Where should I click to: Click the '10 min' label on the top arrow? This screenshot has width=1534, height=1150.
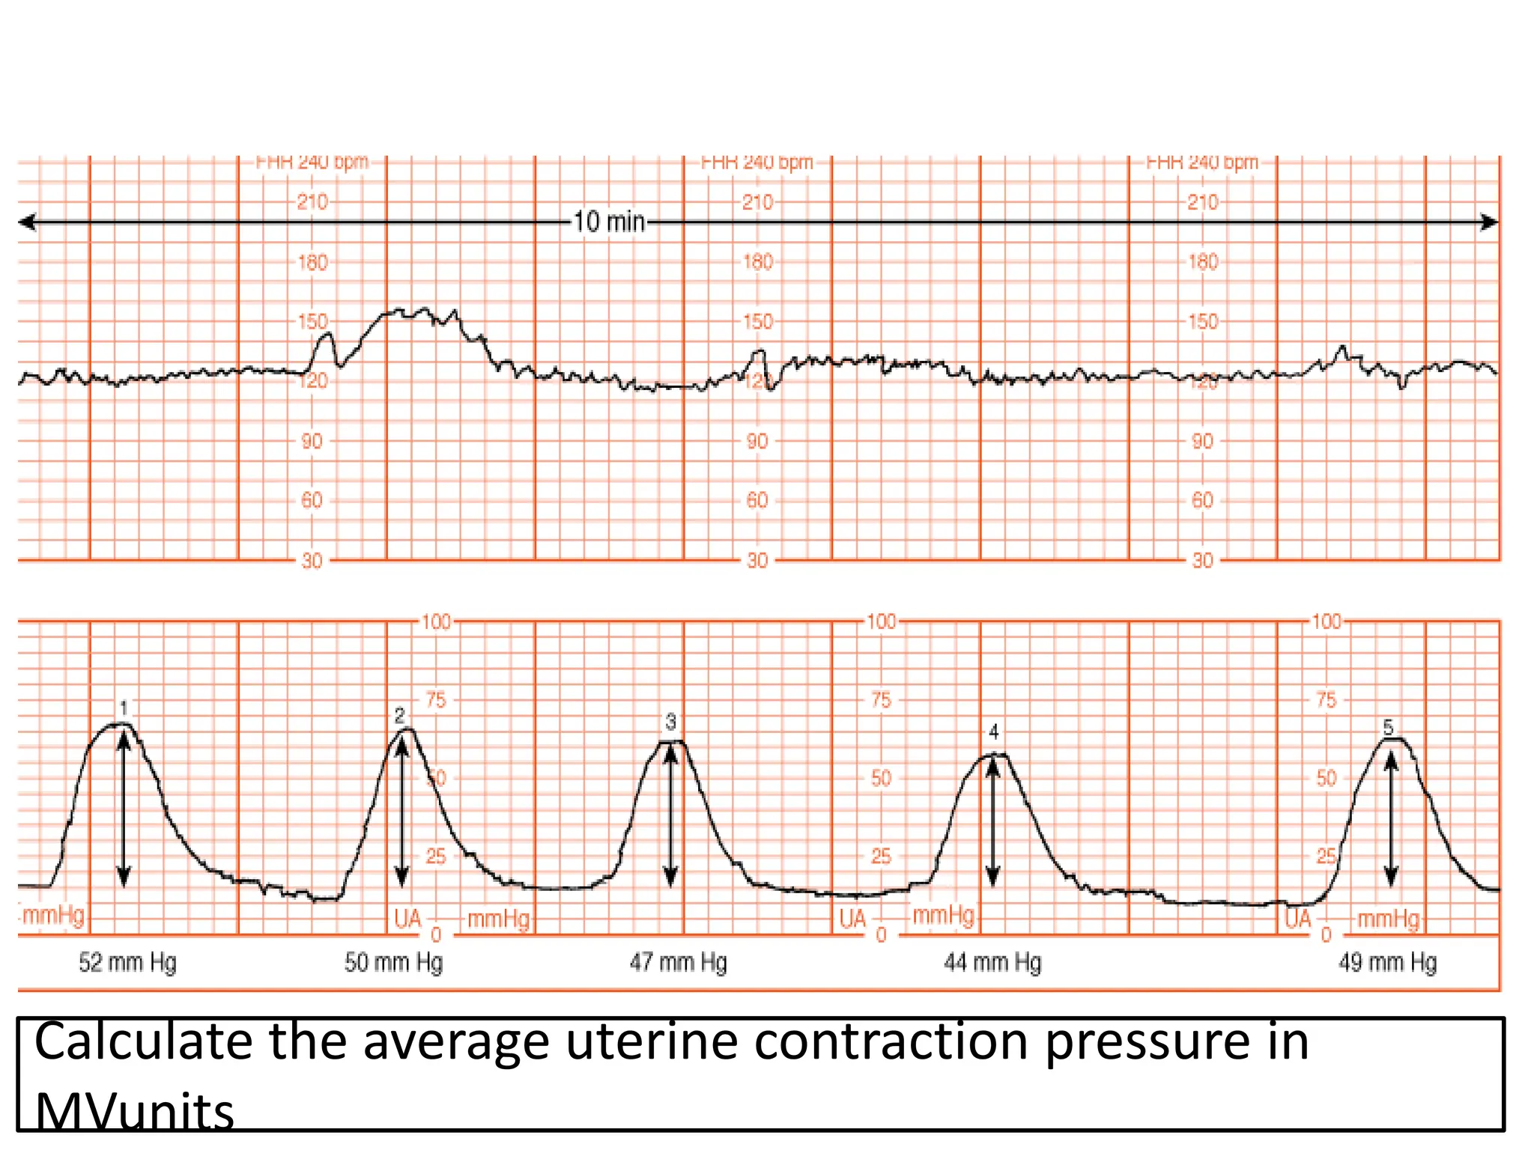(x=609, y=222)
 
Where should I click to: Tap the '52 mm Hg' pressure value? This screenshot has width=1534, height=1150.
(x=127, y=962)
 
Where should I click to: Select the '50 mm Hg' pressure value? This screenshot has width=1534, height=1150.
(x=393, y=962)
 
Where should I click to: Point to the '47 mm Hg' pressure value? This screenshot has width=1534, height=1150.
(x=678, y=962)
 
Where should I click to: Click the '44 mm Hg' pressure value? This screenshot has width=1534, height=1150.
(x=992, y=962)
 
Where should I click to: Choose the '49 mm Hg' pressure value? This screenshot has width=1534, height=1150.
(x=1387, y=962)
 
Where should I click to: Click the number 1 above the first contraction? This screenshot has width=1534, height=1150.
(x=124, y=708)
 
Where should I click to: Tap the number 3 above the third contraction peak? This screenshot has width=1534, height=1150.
(x=670, y=722)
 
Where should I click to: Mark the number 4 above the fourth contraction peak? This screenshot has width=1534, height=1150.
(x=993, y=731)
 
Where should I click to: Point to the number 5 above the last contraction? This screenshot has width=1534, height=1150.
(x=1388, y=727)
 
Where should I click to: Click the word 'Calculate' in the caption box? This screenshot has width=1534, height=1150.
(x=143, y=1041)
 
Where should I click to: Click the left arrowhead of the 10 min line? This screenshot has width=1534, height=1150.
(x=27, y=222)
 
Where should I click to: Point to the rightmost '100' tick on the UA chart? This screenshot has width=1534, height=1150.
(x=1326, y=621)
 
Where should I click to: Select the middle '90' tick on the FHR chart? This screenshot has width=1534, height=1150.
(x=757, y=441)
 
